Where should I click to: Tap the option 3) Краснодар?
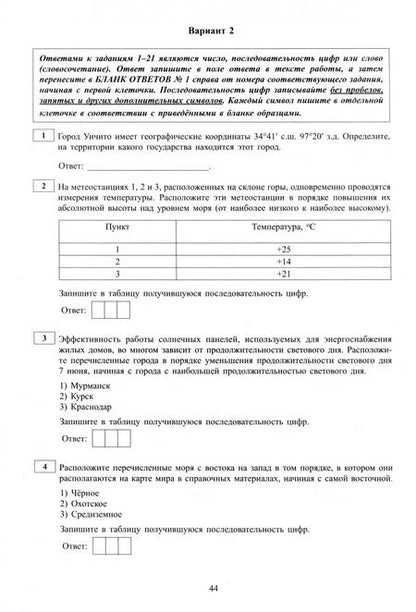pyautogui.click(x=89, y=411)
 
